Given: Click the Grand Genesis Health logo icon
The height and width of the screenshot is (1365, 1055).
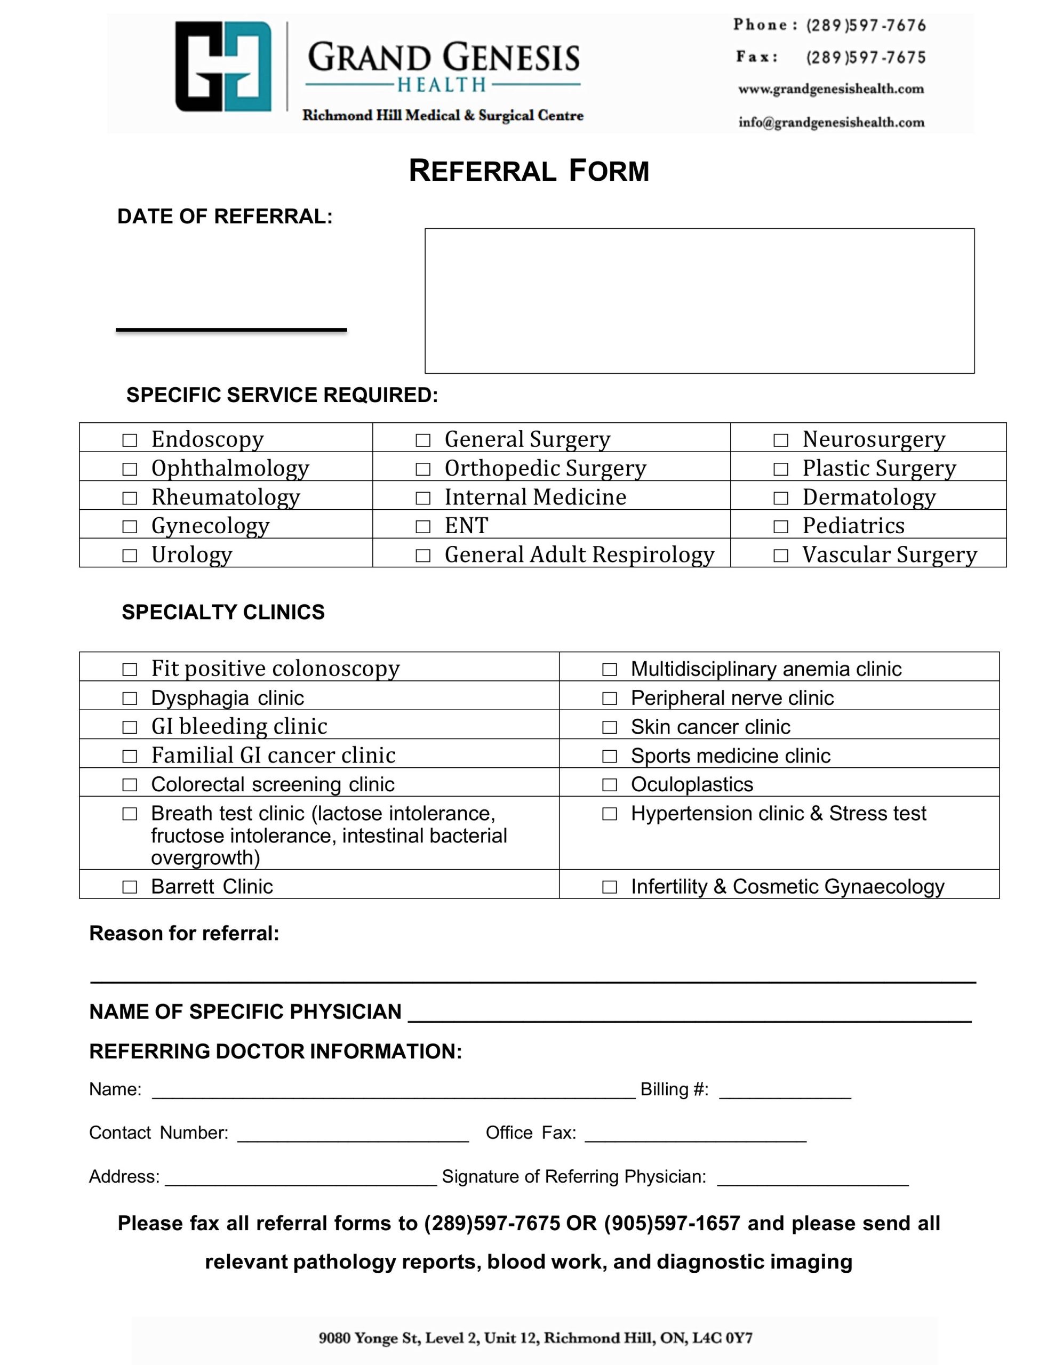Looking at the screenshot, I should (x=223, y=66).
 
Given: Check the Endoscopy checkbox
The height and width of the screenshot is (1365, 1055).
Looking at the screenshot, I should (x=130, y=440).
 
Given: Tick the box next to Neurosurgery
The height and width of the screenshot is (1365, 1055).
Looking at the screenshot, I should (x=780, y=440).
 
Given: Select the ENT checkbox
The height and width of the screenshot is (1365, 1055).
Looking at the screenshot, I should (x=423, y=526).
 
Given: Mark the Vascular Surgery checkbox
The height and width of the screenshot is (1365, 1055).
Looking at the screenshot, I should (x=780, y=555).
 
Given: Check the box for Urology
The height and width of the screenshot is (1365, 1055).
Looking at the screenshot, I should (x=130, y=555).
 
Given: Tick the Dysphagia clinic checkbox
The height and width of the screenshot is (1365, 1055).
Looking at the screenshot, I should (x=130, y=698).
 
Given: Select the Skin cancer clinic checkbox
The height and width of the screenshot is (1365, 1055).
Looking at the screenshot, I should (x=609, y=727).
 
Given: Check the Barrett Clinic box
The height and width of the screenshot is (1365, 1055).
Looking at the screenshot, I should (x=130, y=887).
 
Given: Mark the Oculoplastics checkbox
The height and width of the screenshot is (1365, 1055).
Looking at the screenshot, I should (x=609, y=784).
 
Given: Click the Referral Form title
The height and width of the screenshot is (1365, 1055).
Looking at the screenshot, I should (x=529, y=171).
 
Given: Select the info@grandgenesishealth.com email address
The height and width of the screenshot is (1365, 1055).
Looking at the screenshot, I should (x=831, y=122).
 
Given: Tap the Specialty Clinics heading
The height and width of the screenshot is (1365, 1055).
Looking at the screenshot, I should (x=223, y=612).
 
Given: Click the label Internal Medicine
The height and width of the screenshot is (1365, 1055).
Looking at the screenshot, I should (x=536, y=497).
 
